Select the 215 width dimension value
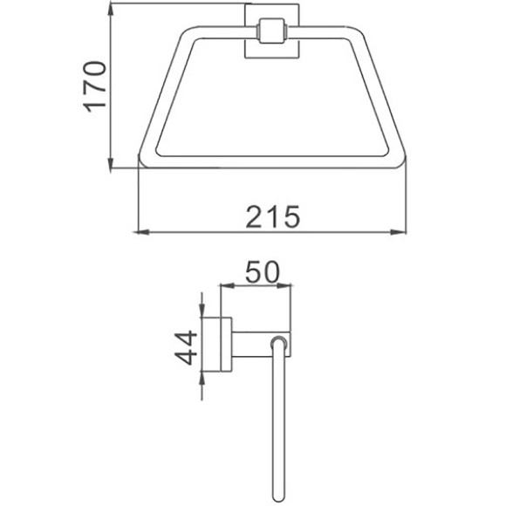(272, 214)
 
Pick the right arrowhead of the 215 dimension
(402, 232)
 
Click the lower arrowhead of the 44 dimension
(202, 375)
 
